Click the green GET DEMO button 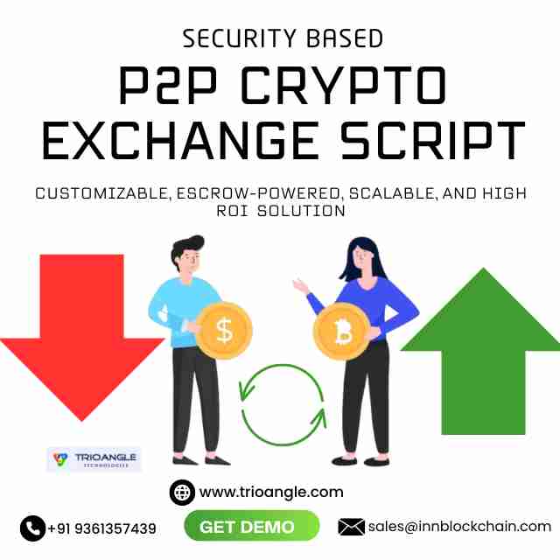(251, 527)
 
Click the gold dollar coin (224, 331)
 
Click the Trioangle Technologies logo (94, 458)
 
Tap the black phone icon (32, 528)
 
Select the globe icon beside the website (182, 493)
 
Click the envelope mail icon (351, 527)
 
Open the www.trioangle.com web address (271, 492)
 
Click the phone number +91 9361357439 (101, 528)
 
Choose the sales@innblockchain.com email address (459, 527)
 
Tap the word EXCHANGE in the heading (179, 140)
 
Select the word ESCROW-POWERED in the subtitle (258, 193)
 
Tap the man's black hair (185, 247)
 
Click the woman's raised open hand (300, 285)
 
